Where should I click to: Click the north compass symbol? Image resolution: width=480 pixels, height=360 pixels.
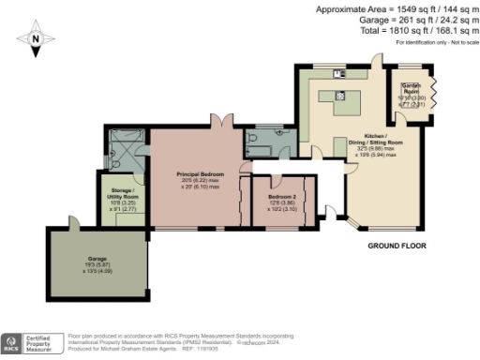click(x=35, y=39)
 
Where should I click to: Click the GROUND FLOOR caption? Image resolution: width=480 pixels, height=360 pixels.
click(x=395, y=246)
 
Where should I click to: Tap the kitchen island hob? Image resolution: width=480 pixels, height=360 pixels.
click(x=341, y=95)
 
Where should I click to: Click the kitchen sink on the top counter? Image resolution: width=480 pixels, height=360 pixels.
click(x=342, y=72)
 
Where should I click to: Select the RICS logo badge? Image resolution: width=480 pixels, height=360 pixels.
click(x=11, y=343)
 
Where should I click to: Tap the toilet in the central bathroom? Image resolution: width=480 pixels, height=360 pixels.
click(x=250, y=141)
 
